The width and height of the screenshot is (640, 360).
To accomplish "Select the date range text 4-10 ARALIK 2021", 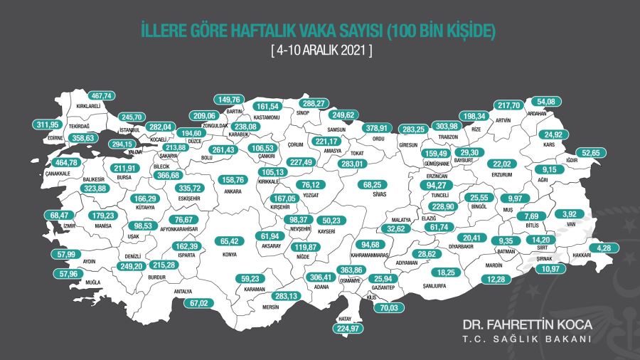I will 321,51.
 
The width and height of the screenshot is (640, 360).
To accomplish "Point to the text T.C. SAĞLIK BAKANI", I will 527,339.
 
